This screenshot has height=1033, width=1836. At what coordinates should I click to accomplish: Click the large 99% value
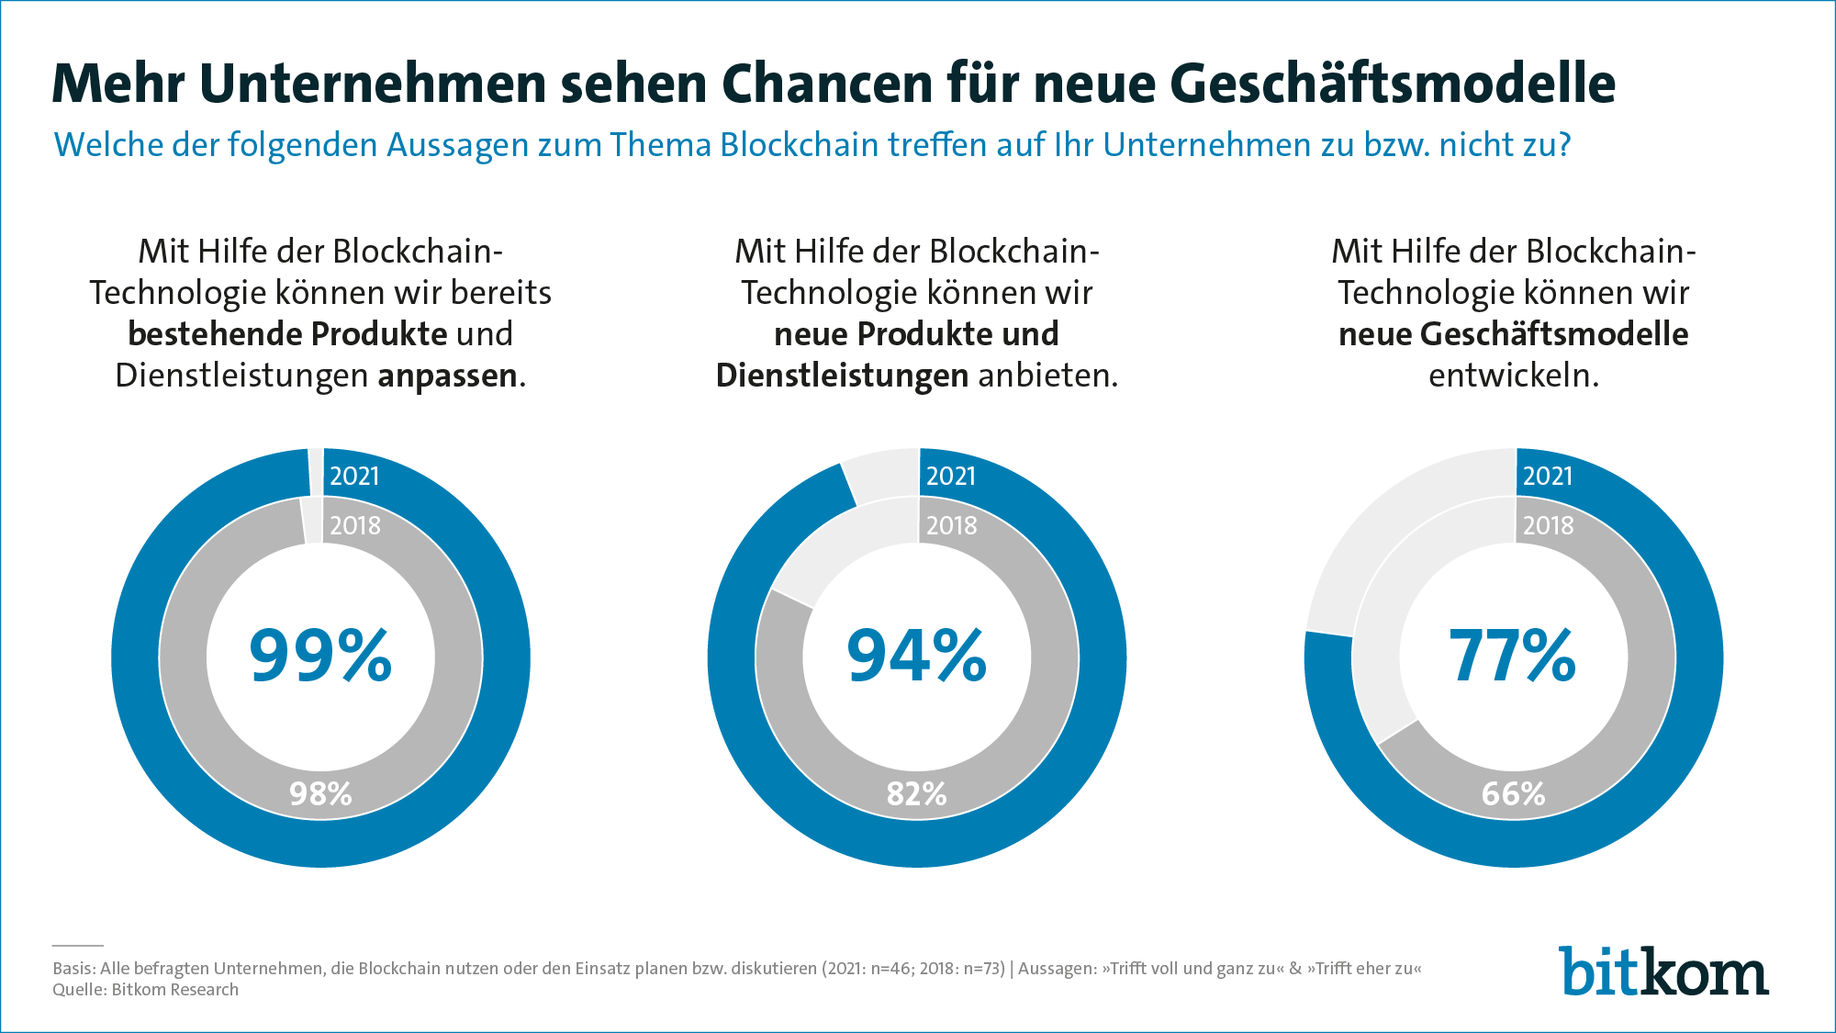[320, 656]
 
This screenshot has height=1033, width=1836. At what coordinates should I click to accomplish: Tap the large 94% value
[916, 656]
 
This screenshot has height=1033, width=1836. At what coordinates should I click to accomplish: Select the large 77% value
[1512, 656]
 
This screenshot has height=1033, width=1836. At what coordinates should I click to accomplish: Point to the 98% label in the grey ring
[320, 793]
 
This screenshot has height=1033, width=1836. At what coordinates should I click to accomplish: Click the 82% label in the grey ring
[916, 793]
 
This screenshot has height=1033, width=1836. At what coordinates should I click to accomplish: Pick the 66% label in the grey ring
[1513, 793]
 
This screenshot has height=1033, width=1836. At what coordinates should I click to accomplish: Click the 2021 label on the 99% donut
[354, 476]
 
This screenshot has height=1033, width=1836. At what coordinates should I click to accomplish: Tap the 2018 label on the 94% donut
[951, 525]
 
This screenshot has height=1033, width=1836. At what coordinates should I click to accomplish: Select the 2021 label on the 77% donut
[1548, 476]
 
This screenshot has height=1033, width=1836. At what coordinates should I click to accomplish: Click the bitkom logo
[1662, 971]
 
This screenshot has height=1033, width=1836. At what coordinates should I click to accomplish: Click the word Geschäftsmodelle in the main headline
[1393, 84]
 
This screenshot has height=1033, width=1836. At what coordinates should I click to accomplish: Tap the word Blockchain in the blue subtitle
[799, 145]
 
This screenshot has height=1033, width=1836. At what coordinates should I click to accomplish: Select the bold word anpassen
[447, 376]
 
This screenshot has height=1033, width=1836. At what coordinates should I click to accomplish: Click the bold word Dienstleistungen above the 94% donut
[842, 376]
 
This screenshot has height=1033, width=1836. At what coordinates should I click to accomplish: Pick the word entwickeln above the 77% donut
[1513, 376]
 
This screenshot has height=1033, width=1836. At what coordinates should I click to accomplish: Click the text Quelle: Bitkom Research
[145, 990]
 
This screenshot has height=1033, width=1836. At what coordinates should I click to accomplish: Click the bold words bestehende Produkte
[287, 334]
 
